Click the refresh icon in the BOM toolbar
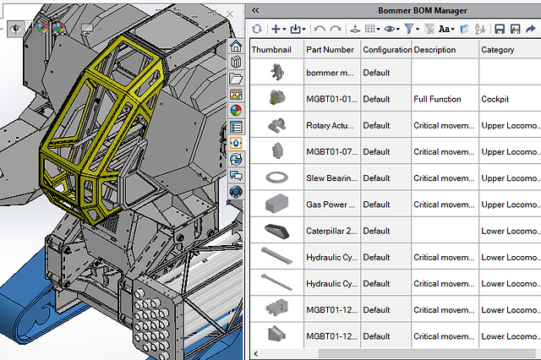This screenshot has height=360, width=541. (257, 29)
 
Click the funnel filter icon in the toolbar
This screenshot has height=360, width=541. (409, 29)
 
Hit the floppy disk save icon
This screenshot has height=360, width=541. (500, 29)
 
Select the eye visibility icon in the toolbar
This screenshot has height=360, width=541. (390, 29)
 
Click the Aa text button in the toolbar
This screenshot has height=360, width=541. (446, 29)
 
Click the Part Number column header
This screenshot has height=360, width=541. (331, 50)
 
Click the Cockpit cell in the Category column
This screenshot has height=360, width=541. (497, 99)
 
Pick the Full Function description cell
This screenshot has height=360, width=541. (438, 99)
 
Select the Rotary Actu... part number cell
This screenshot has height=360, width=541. (331, 126)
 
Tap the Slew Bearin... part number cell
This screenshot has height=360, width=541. (331, 178)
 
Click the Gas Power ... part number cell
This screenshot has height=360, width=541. (331, 205)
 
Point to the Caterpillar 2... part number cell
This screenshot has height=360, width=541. (331, 231)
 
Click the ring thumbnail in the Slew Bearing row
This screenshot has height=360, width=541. (276, 178)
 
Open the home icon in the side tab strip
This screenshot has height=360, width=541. (237, 47)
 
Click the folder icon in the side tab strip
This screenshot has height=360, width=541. (237, 79)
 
